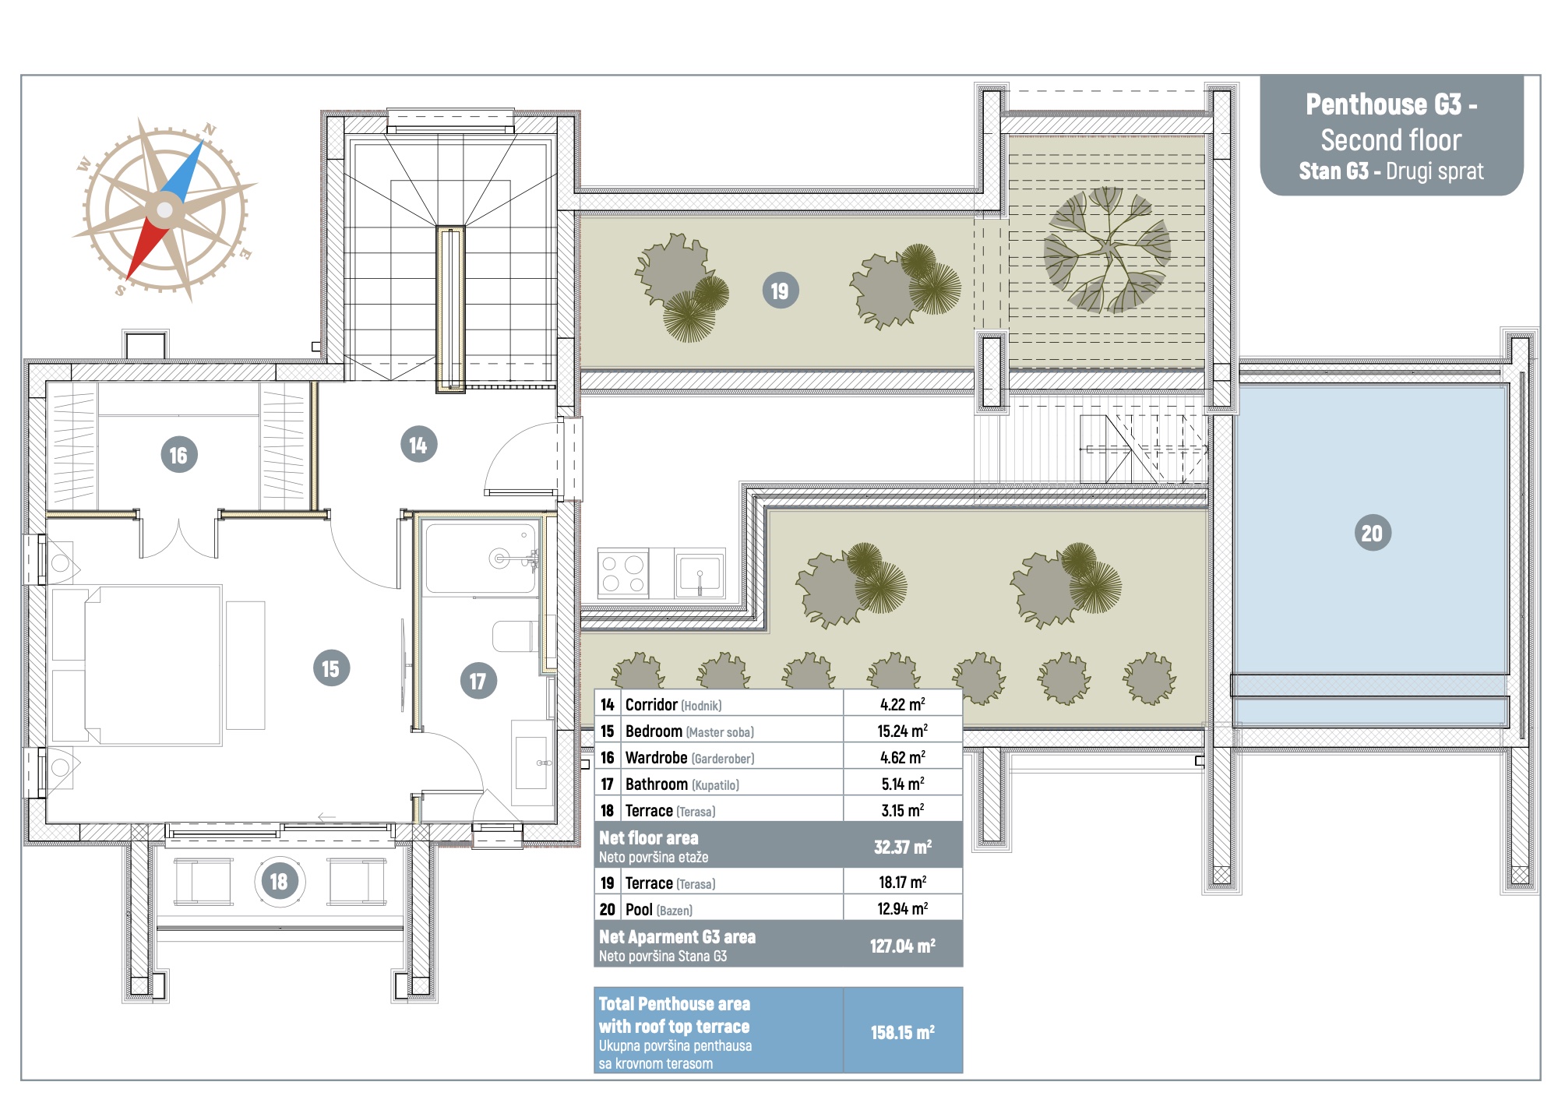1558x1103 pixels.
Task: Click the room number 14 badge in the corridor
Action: (418, 445)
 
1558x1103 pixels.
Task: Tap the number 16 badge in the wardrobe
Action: (178, 455)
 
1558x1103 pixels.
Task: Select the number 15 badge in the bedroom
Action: (331, 668)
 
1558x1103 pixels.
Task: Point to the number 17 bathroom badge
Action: (478, 681)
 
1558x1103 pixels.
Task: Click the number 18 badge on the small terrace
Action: (279, 881)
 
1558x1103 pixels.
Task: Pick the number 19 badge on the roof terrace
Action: (780, 291)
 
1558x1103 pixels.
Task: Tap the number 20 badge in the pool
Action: (1372, 533)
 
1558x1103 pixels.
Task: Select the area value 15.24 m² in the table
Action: (902, 731)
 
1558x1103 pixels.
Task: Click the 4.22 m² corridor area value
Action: (902, 704)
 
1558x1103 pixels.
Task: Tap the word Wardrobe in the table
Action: (656, 757)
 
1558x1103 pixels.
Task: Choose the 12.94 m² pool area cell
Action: (902, 908)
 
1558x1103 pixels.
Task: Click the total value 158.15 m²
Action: (902, 1032)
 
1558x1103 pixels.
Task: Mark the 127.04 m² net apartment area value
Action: (902, 946)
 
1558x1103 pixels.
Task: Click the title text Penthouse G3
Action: (1384, 104)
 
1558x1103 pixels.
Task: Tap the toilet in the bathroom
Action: (514, 636)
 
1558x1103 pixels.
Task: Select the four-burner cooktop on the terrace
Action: (623, 573)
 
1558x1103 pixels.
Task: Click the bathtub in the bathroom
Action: (481, 559)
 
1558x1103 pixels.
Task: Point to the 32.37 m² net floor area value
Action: (902, 847)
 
